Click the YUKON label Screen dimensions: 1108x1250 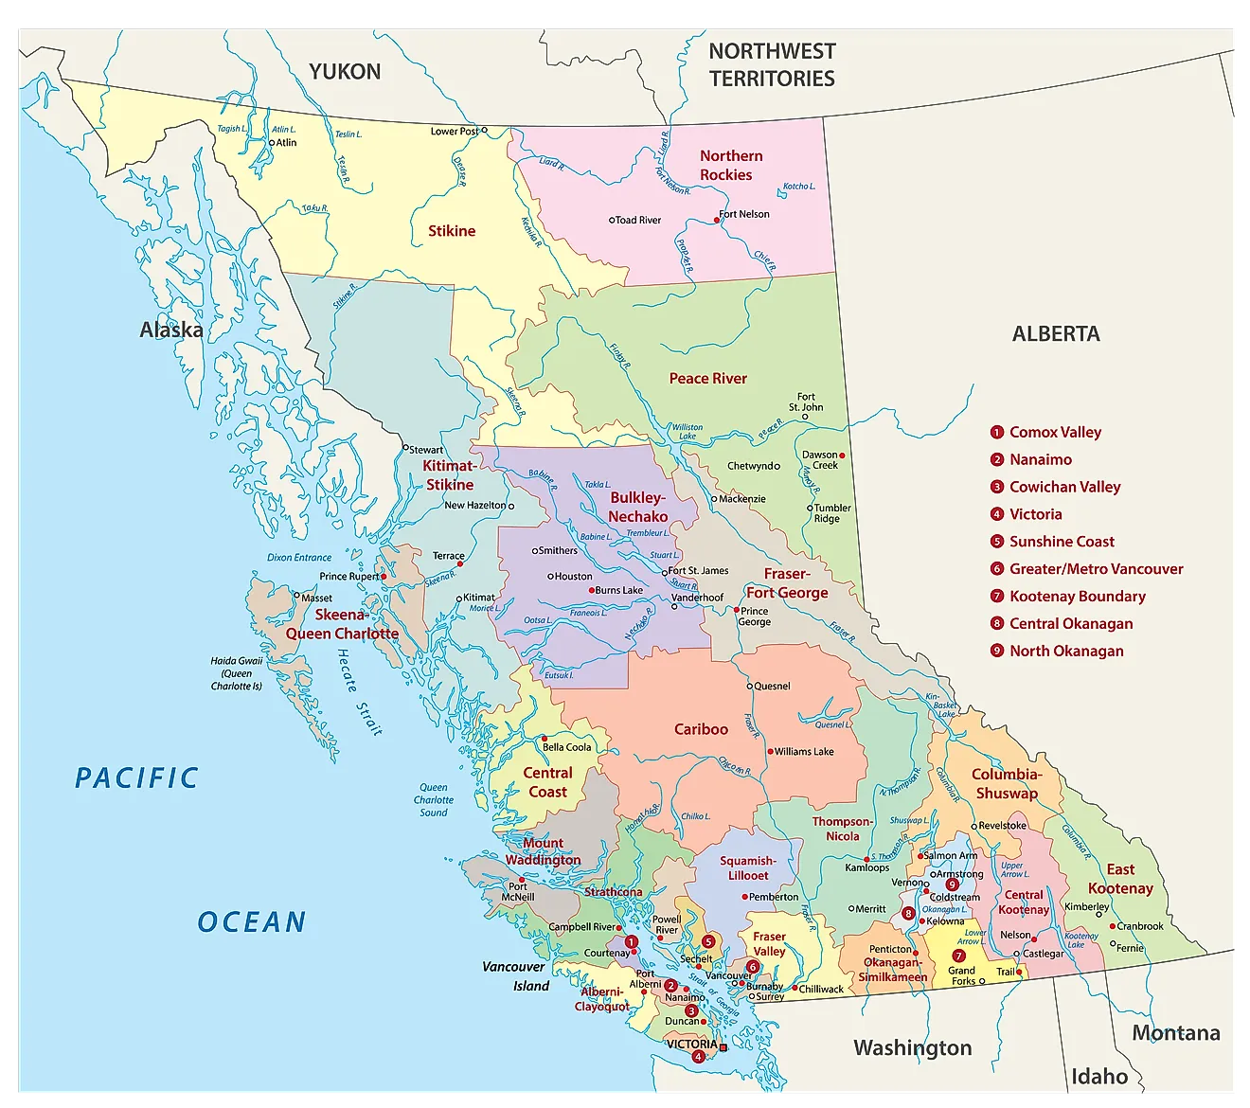point(345,72)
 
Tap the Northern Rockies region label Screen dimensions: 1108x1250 point(729,166)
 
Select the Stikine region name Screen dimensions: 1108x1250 point(452,231)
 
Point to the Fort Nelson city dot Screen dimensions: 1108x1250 point(717,220)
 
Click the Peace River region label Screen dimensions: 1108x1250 point(707,379)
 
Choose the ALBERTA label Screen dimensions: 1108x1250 point(1056,334)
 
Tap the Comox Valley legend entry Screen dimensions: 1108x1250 point(1055,433)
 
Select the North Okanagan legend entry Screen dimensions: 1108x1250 point(1066,652)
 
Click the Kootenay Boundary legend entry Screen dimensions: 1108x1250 point(1077,597)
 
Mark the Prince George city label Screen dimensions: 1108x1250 point(755,617)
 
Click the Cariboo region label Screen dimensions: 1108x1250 point(701,729)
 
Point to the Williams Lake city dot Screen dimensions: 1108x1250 point(771,751)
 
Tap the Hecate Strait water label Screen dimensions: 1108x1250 point(360,692)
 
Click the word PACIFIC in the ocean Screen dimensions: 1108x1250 point(137,778)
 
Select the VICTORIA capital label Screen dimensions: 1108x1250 point(691,1044)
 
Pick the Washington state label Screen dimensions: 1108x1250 point(912,1047)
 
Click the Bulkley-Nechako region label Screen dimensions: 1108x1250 point(637,508)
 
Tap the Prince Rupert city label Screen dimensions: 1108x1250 point(348,576)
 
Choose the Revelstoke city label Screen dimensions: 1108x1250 point(1002,825)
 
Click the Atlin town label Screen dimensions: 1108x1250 point(286,143)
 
